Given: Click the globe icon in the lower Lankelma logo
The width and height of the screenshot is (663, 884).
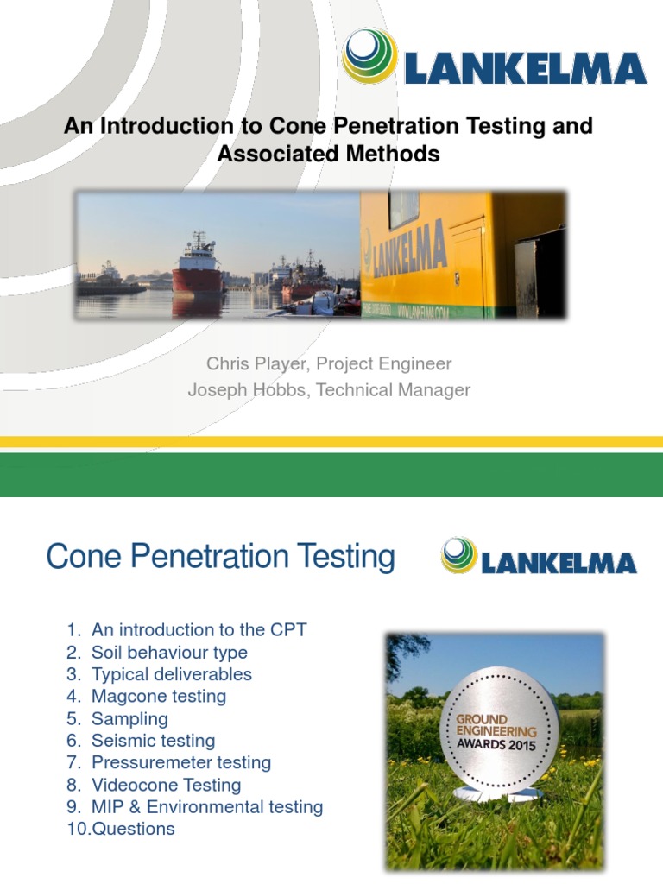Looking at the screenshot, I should pyautogui.click(x=458, y=556).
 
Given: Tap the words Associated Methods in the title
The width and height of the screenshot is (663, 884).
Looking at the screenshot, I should pyautogui.click(x=328, y=154).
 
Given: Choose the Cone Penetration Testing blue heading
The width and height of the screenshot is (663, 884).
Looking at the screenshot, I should pyautogui.click(x=220, y=557).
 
